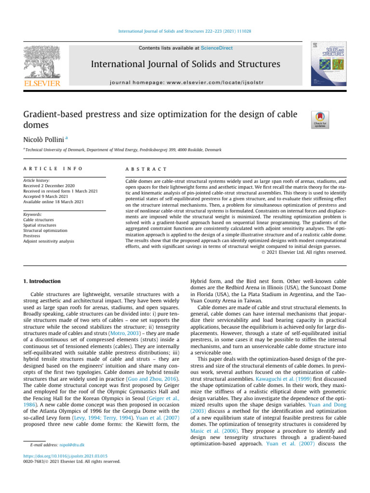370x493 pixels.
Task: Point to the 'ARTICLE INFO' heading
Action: (53, 169)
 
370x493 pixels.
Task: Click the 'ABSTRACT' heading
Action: (146, 169)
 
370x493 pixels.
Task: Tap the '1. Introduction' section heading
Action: (43, 281)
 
